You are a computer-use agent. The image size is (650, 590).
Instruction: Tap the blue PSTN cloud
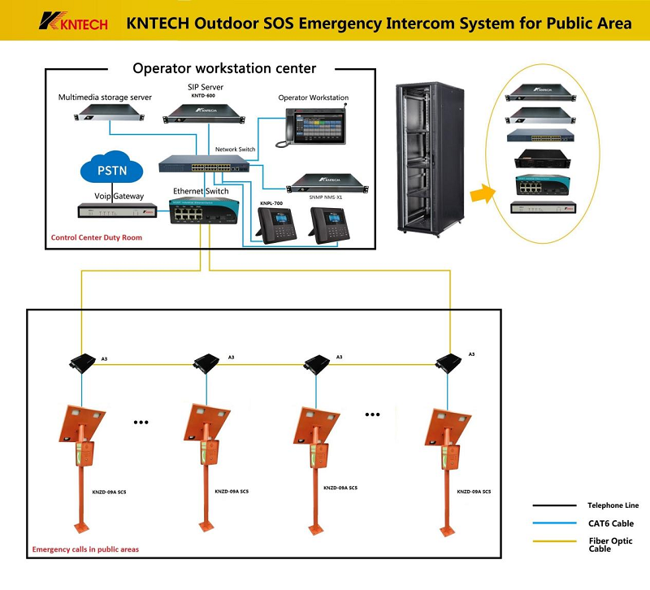[111, 171]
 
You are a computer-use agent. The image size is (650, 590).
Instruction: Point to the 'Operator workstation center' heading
[224, 68]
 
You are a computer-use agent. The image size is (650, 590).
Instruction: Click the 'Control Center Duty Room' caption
[96, 239]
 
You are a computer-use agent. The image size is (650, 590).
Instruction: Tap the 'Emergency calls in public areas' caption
[84, 549]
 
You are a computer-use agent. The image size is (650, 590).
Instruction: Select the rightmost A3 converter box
[448, 361]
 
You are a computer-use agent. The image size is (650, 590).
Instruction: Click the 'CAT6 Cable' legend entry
[610, 523]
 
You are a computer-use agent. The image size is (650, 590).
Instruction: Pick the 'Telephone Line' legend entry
[613, 505]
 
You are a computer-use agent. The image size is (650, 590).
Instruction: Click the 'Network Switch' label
[235, 150]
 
